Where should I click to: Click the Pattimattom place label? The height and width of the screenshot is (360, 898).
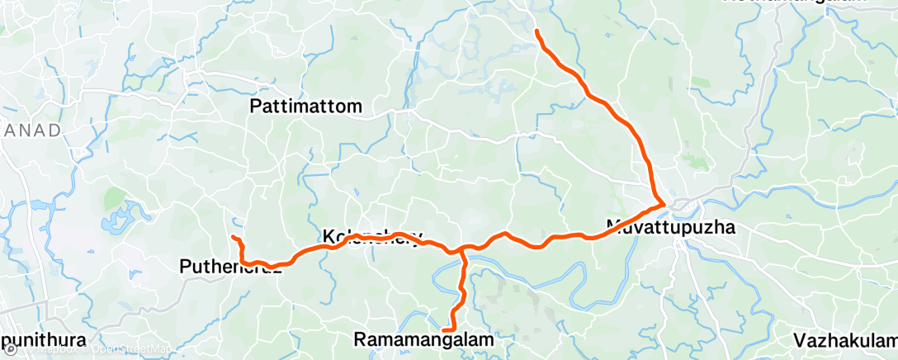(x=306, y=107)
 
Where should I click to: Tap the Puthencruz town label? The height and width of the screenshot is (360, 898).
(x=231, y=267)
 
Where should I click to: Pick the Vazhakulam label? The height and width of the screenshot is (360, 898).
(x=844, y=340)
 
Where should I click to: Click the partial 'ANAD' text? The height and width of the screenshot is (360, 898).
(x=30, y=130)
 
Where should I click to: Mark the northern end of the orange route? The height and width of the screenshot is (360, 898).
(x=537, y=31)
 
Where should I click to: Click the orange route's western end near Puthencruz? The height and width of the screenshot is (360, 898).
(x=234, y=238)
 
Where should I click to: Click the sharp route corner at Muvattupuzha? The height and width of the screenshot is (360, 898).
(x=664, y=202)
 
